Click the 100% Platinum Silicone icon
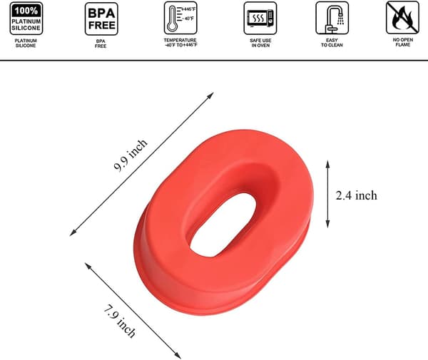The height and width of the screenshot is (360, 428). click(x=26, y=19)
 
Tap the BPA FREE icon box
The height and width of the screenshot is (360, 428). click(x=101, y=19)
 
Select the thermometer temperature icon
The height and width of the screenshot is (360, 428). click(x=180, y=18)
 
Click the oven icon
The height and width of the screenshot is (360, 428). click(x=260, y=19)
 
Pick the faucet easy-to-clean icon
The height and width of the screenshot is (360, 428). click(x=332, y=18)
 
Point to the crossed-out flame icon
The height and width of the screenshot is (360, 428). click(x=402, y=18)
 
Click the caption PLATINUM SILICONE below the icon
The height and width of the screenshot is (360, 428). click(x=26, y=43)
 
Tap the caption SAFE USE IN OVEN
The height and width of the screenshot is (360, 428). click(x=260, y=43)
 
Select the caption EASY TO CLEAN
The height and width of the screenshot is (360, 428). click(x=332, y=43)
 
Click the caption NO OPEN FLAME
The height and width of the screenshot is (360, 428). click(x=403, y=42)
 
